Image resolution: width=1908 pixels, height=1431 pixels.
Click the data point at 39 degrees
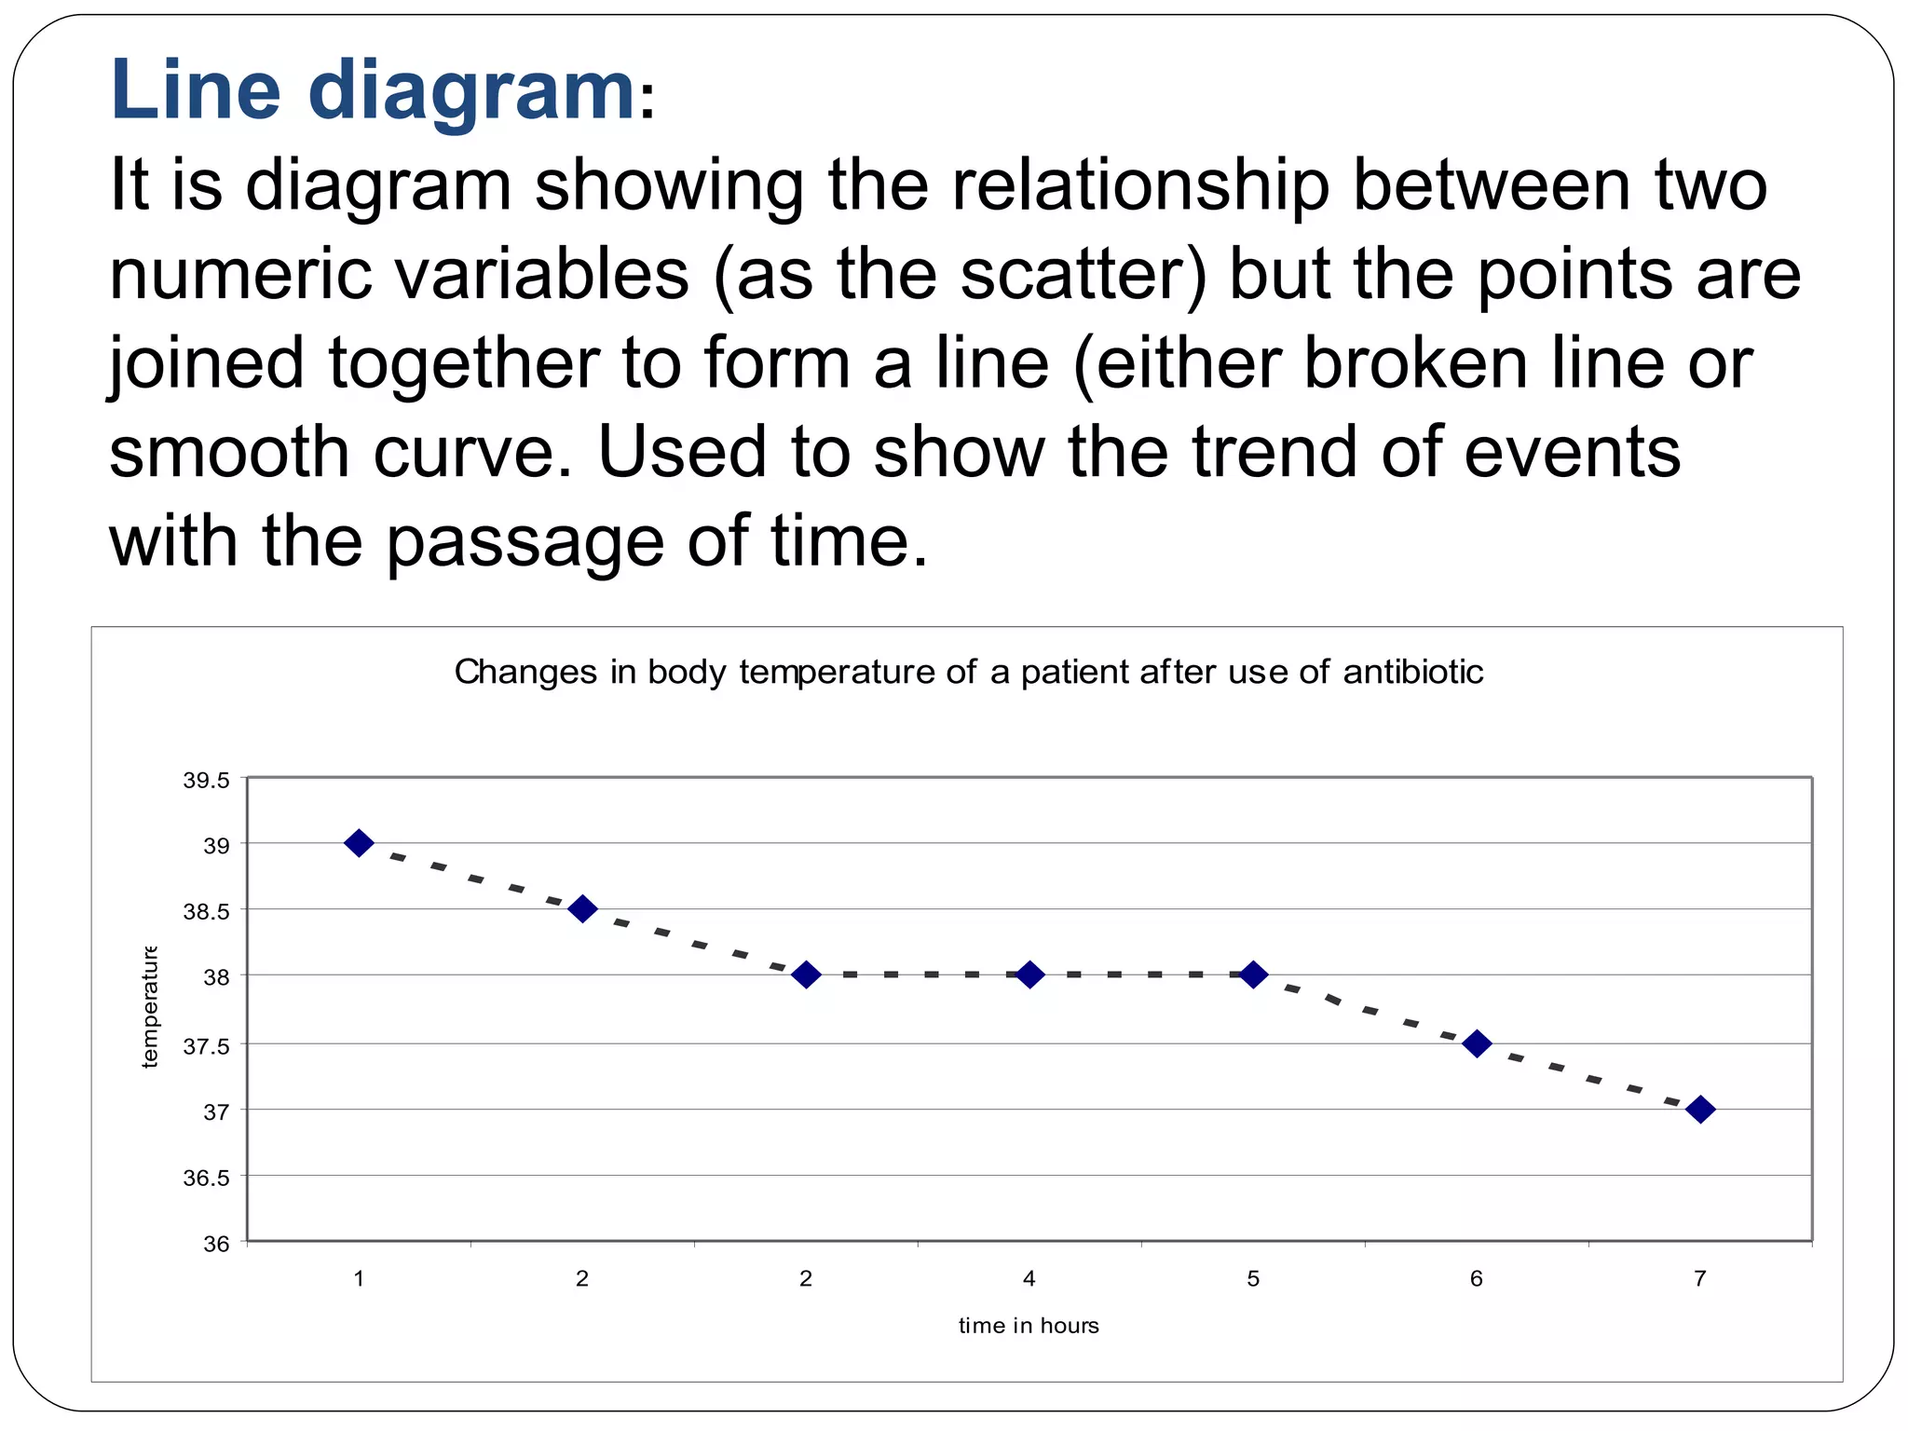click(359, 843)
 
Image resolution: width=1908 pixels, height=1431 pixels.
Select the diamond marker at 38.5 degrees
click(582, 908)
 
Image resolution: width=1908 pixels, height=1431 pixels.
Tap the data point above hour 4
click(1029, 974)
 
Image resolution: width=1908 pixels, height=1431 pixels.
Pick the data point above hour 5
click(1253, 974)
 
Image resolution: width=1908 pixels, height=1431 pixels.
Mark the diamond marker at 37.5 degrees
click(1477, 1043)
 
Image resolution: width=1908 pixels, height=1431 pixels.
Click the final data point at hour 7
click(1700, 1110)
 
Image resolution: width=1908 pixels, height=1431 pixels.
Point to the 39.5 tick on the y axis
click(206, 781)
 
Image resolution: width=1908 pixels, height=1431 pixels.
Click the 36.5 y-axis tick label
click(206, 1179)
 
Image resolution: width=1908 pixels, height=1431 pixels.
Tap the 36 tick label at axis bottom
click(216, 1245)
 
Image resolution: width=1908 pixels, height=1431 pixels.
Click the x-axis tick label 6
click(1476, 1278)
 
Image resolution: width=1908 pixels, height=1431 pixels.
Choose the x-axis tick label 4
click(1029, 1278)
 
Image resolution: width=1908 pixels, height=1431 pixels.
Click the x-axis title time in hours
click(1029, 1326)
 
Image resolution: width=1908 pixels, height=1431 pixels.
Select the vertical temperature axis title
click(150, 1007)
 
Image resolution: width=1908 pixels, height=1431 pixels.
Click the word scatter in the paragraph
click(1071, 275)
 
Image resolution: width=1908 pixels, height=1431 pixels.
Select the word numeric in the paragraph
click(238, 275)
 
